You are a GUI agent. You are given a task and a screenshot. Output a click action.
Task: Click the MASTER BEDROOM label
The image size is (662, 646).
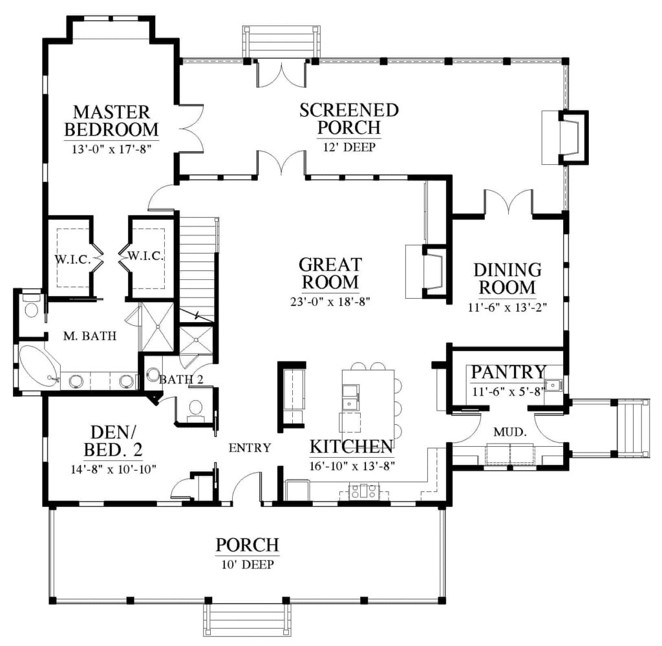click(111, 121)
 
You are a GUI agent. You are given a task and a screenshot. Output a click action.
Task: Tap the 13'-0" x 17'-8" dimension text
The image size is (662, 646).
click(111, 149)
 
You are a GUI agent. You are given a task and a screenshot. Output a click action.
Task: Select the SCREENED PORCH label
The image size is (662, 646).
click(349, 118)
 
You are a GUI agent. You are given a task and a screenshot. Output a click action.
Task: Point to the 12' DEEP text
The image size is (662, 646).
click(349, 147)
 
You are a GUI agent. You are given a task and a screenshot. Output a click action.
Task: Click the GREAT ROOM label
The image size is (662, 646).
click(330, 273)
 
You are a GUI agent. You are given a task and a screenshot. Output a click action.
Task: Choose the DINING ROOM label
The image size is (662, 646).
click(507, 279)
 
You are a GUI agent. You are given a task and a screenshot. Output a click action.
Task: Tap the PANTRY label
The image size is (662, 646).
click(508, 372)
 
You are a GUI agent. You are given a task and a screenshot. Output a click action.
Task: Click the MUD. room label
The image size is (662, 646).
click(510, 432)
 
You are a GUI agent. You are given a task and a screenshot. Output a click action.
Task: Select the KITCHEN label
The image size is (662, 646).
click(351, 447)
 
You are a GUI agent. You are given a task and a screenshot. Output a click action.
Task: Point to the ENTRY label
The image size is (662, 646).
click(250, 447)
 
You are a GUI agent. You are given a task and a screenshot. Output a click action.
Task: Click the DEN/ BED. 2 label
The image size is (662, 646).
click(113, 441)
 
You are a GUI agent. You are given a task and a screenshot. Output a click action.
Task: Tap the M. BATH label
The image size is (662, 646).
click(89, 336)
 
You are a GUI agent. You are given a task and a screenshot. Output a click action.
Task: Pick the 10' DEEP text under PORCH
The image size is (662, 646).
click(248, 564)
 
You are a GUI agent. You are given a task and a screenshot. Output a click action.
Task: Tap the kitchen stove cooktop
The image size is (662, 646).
click(363, 491)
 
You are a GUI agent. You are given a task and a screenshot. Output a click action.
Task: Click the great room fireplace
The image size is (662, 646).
click(427, 272)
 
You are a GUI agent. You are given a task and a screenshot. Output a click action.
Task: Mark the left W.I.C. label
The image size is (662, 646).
click(72, 260)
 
